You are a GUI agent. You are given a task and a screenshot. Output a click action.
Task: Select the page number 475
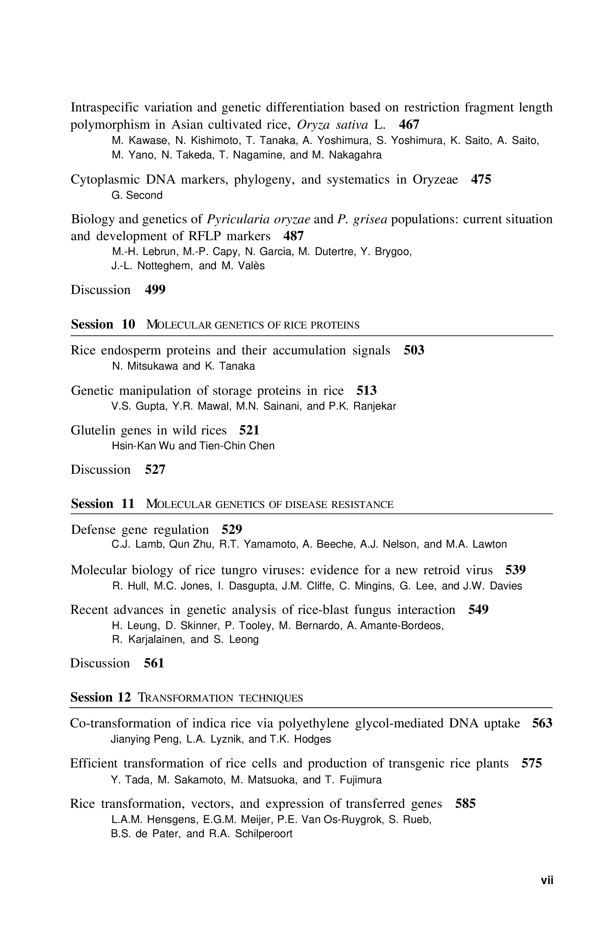pos(481,179)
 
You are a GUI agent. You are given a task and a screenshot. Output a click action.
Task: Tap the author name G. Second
pos(137,195)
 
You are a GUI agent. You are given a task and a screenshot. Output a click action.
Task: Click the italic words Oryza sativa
pos(332,124)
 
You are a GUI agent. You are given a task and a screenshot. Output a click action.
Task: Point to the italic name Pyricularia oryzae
pos(258,219)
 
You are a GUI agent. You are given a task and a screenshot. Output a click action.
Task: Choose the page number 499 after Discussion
pos(155,290)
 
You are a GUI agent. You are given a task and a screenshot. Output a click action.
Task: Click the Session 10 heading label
pos(103,324)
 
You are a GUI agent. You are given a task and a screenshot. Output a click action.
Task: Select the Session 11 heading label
pos(103,503)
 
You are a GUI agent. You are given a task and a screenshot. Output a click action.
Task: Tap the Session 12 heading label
pos(100,697)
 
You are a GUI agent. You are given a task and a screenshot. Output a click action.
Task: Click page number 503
pos(414,350)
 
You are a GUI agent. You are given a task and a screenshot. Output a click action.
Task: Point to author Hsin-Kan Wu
pos(143,445)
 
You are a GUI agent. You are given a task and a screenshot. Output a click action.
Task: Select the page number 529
pos(232,529)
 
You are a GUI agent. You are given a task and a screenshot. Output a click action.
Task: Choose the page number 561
pos(154,663)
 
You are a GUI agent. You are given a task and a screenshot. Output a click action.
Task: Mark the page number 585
pos(465,803)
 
